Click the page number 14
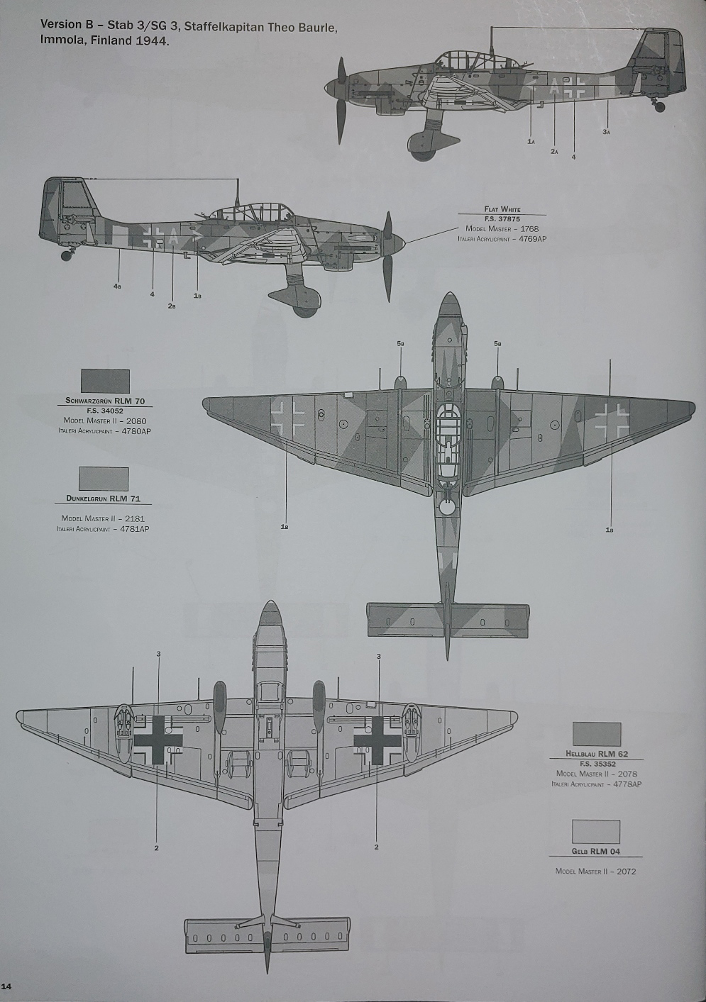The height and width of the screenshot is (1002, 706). pos(6,986)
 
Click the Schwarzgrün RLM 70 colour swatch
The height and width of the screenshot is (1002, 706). pos(105,381)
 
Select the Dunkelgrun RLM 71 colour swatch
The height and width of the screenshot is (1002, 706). pos(104,479)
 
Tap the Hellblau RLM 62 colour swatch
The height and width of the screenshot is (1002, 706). pos(596,734)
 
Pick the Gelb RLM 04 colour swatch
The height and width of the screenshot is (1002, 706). pos(595,832)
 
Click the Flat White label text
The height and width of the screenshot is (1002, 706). pos(502,209)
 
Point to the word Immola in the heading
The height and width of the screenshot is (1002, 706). pos(63,41)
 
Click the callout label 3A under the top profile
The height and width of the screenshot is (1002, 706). pos(606,132)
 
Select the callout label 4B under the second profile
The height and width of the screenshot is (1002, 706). pos(117,286)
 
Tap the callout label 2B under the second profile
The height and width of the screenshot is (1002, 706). pos(172,306)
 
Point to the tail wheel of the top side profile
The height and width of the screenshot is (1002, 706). pos(660,107)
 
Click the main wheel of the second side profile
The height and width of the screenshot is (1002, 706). pos(305,306)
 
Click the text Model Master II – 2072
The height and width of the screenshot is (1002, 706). pos(595,871)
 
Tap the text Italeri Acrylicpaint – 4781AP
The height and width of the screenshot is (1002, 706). pos(103,529)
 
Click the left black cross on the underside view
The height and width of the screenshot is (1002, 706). pos(158,740)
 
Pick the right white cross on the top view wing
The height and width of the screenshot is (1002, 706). pos(612,419)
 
